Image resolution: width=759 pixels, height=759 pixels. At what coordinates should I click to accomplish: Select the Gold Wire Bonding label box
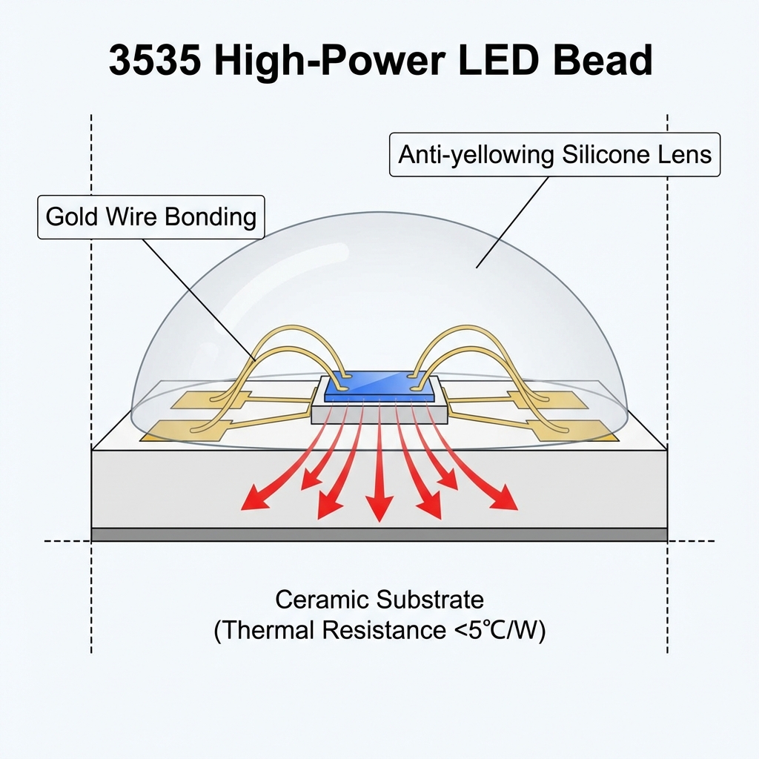pos(151,217)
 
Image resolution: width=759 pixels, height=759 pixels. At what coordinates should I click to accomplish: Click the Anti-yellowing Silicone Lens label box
pos(554,155)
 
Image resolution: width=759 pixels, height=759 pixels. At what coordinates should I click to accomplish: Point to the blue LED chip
pos(379,385)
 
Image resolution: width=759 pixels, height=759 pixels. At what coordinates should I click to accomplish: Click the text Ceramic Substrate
pos(379,599)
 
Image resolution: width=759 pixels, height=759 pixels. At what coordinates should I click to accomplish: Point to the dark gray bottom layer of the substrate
pos(379,534)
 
